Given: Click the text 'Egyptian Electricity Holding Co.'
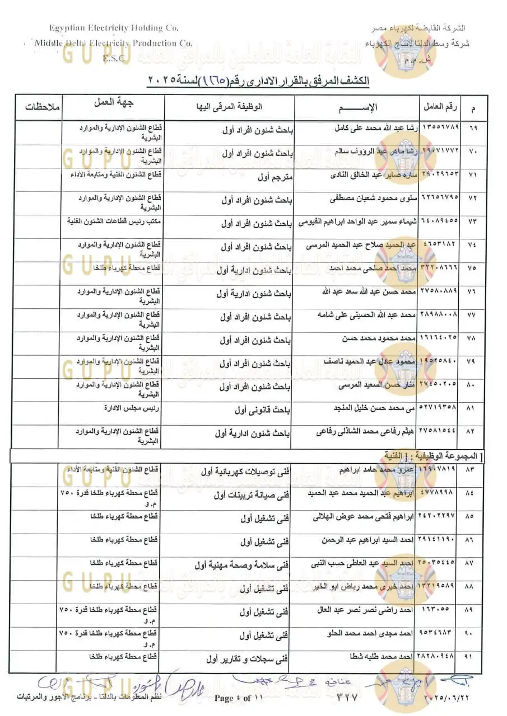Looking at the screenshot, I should click(x=114, y=27).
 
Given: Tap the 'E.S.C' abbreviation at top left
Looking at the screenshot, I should click(x=113, y=57).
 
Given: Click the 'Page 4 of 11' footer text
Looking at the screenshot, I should click(x=239, y=698).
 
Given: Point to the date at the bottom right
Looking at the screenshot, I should click(x=443, y=698).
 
